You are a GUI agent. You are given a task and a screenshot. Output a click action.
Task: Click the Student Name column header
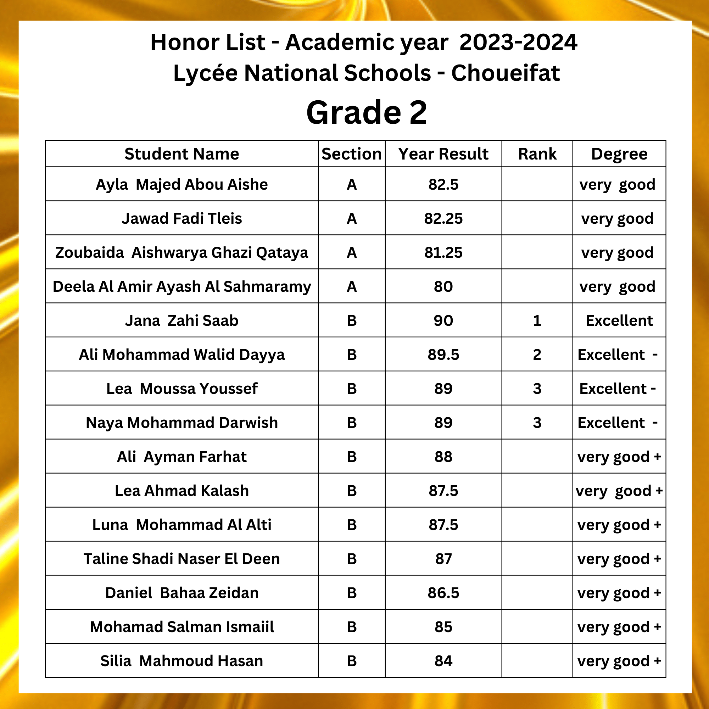182,154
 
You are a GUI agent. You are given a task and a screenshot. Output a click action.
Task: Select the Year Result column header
443,154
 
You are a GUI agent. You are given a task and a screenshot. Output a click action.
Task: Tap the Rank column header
537,154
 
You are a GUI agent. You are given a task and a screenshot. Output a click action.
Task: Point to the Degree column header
619,154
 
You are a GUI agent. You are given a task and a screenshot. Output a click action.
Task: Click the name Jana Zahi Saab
182,320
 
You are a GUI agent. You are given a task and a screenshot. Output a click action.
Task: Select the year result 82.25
443,218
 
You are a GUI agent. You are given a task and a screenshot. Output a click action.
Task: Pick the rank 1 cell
537,320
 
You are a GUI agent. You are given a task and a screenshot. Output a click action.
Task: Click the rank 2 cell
537,354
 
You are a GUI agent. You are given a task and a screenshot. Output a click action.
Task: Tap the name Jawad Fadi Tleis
182,218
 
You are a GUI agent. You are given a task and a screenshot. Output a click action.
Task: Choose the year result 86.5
443,593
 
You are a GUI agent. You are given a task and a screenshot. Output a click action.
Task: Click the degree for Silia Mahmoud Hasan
619,660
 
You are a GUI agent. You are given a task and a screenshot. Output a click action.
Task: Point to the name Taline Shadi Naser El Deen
182,559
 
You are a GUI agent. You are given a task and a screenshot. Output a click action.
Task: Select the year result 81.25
443,252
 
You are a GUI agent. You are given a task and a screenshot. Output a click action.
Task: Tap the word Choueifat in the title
505,73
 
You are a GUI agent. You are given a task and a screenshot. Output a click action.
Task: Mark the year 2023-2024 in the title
518,42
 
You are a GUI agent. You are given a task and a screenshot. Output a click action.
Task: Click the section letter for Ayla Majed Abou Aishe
352,184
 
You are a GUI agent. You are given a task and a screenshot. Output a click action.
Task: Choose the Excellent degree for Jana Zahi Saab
619,320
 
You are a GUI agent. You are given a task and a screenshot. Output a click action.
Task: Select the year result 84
443,660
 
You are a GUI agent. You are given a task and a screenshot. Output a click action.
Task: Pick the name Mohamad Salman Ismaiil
182,627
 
